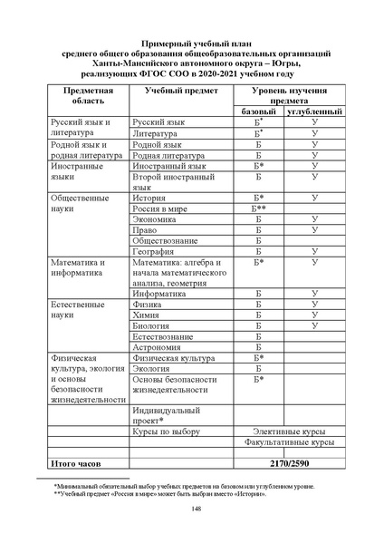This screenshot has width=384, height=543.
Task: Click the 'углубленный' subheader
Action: point(313,112)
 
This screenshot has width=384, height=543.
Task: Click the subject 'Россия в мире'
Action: point(161,208)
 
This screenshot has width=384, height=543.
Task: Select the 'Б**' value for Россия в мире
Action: point(259,208)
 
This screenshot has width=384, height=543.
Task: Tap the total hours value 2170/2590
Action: point(286,463)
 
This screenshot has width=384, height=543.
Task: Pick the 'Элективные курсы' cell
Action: point(289,431)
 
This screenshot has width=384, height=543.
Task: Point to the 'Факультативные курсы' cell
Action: point(289,443)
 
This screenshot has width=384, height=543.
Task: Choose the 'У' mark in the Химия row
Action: point(314,315)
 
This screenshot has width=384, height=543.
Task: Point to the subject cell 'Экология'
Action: point(151,369)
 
